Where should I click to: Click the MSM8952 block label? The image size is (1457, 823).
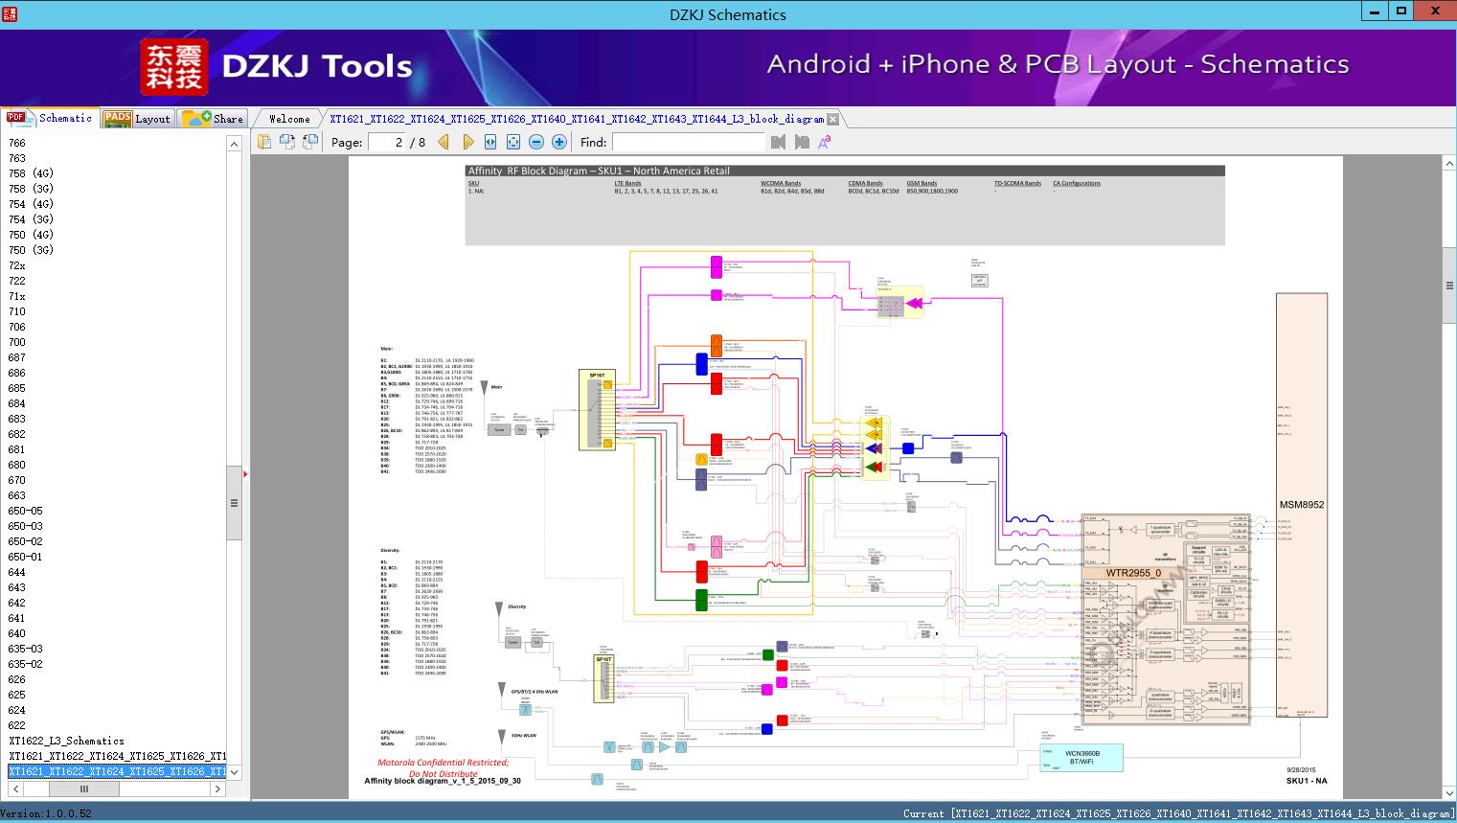click(1301, 505)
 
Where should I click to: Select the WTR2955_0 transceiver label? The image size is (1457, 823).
click(1133, 573)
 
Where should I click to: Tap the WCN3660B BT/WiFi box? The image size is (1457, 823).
click(1081, 757)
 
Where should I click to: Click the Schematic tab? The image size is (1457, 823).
click(51, 118)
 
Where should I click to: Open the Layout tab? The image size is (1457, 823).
click(137, 119)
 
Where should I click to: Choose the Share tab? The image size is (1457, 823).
click(214, 119)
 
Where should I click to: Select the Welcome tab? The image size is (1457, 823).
click(289, 119)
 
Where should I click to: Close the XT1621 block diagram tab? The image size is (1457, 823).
click(832, 120)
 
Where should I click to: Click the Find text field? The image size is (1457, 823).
click(688, 142)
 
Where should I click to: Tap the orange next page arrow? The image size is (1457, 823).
click(467, 142)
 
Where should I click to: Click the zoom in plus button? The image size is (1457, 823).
click(559, 142)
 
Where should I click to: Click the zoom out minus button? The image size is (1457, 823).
click(536, 142)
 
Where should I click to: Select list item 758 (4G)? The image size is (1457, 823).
click(31, 173)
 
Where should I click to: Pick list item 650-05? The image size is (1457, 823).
click(25, 511)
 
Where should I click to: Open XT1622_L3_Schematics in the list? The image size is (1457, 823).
click(66, 741)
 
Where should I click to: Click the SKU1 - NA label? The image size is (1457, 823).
click(1306, 781)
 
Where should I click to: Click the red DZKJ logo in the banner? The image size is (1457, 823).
click(173, 67)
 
